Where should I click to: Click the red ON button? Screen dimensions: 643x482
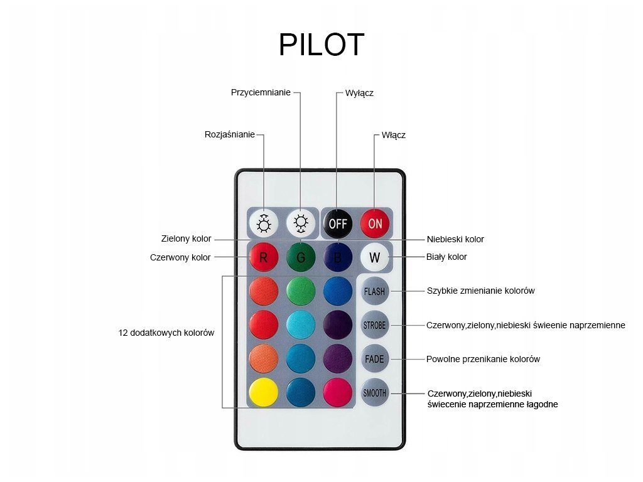[375, 223]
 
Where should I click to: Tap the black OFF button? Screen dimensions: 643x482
[337, 223]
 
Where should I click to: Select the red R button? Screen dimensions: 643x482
[264, 257]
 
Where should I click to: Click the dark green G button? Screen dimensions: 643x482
[301, 257]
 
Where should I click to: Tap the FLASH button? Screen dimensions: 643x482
[374, 291]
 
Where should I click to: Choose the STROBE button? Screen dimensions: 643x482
[374, 325]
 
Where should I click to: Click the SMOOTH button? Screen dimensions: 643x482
[374, 393]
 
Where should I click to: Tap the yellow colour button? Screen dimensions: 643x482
[264, 393]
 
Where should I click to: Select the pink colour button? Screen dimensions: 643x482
[337, 393]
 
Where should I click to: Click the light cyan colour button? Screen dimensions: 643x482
[301, 324]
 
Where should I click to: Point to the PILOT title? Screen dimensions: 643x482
[321, 45]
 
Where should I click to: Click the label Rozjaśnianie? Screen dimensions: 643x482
[230, 134]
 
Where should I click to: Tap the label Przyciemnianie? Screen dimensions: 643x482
[261, 93]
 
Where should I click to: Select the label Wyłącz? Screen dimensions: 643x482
[359, 93]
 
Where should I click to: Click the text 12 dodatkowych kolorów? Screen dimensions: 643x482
[166, 333]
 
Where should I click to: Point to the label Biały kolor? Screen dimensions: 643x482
[446, 257]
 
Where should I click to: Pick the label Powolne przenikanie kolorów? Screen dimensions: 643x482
[483, 360]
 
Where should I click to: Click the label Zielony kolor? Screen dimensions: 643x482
[186, 238]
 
